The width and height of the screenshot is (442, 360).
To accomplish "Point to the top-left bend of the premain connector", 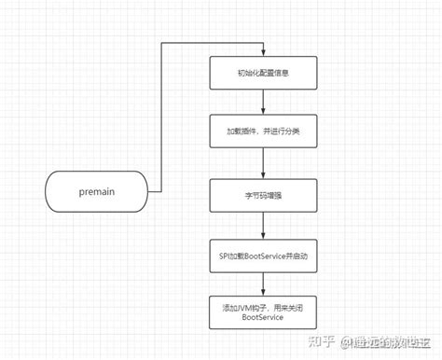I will [162, 43].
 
